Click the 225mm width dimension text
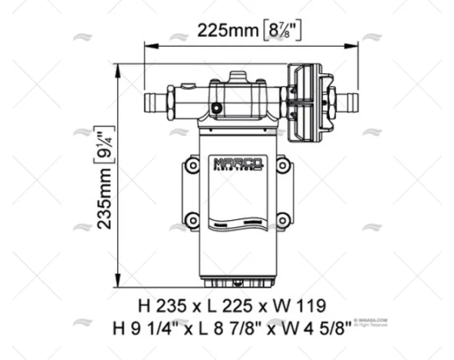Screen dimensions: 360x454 pyautogui.click(x=224, y=31)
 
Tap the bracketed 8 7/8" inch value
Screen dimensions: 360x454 pyautogui.click(x=281, y=31)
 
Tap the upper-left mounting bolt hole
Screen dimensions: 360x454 pyautogui.click(x=192, y=165)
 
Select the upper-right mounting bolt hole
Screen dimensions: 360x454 pyautogui.click(x=282, y=165)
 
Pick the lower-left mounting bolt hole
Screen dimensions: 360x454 pyautogui.click(x=192, y=220)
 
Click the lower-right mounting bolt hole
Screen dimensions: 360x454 pyautogui.click(x=282, y=220)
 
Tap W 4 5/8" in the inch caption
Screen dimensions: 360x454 pyautogui.click(x=316, y=328)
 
